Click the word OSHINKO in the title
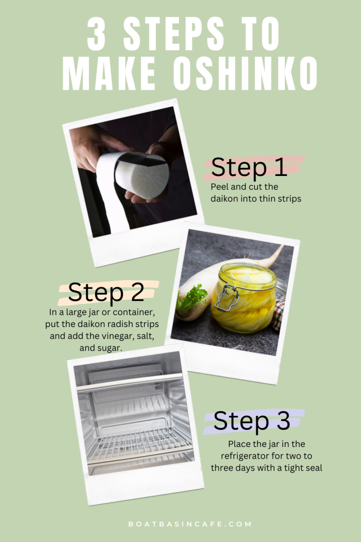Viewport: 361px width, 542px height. (x=245, y=73)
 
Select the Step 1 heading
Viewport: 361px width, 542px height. (x=249, y=167)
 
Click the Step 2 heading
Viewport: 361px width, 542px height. (x=106, y=293)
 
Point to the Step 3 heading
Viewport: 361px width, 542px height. (x=251, y=421)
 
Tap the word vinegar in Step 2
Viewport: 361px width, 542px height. (x=116, y=336)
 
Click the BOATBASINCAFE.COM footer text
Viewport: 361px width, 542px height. (x=190, y=524)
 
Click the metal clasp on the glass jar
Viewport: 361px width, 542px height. (x=227, y=297)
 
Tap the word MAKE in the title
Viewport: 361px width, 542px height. (x=109, y=73)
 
